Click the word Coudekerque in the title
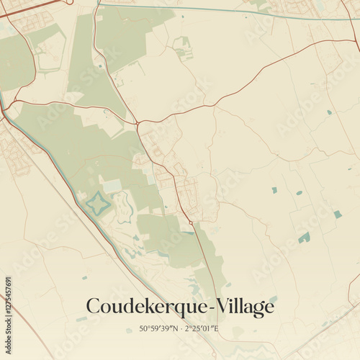pos(146,307)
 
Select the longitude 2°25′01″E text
pos(202,330)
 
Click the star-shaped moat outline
pos(99,204)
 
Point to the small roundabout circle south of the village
pos(190,222)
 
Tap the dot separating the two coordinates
pos(179,330)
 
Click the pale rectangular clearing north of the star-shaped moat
pos(112,186)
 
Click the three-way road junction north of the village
pos(138,123)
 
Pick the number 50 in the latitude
pos(143,330)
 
